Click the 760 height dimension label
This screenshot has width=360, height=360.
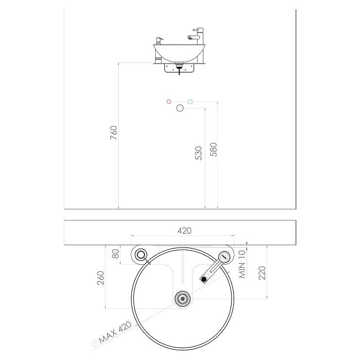pos(114,132)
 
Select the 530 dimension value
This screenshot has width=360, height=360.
pos(198,153)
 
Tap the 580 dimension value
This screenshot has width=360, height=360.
pos(214,149)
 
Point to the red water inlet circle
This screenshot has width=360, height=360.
pos(169,102)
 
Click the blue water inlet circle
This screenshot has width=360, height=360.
pos(190,102)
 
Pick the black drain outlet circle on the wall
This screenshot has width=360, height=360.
pos(180,108)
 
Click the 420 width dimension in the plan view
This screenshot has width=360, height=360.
pos(184,231)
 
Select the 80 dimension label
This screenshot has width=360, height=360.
pos(115,253)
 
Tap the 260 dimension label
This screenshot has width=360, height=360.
pos(101,278)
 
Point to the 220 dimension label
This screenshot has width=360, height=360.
pos(262,273)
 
